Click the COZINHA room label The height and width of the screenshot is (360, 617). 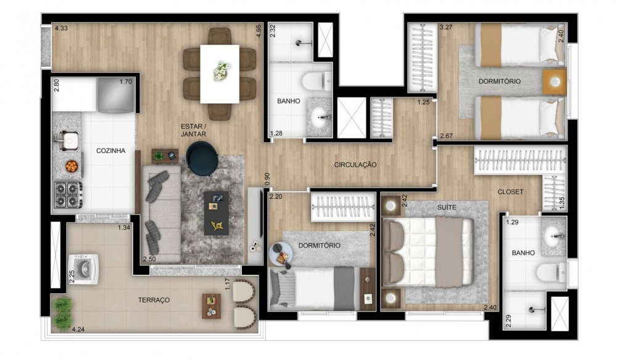point(110,151)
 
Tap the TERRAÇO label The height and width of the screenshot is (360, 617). point(154,300)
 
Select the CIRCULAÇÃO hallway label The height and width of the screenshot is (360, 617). point(355,165)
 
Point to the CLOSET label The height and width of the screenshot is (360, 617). point(510,192)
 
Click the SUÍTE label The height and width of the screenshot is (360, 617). point(447,207)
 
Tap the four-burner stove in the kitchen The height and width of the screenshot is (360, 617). point(68,195)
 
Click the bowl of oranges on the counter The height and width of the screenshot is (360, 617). point(72,167)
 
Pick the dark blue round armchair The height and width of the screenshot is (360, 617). point(202,158)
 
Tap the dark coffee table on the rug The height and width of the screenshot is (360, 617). point(216,213)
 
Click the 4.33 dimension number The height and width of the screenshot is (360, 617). point(61,28)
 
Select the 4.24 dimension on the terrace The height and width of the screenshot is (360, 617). point(78,330)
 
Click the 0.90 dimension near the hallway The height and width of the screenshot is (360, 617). point(268,179)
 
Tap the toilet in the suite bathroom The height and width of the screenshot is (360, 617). point(551,272)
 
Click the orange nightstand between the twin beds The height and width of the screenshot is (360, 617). point(555,82)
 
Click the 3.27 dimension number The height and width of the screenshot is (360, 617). point(446,28)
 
